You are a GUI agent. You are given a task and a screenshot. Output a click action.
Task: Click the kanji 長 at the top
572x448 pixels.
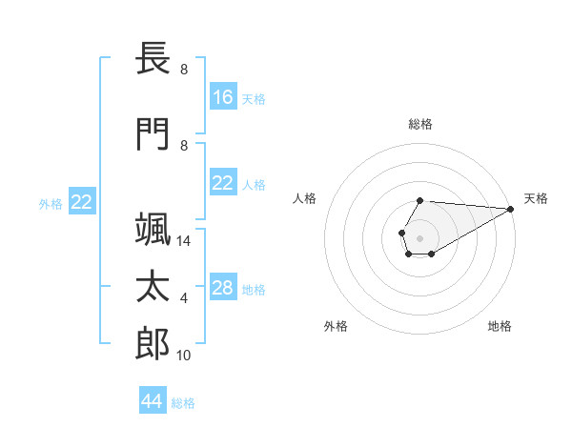click(153, 59)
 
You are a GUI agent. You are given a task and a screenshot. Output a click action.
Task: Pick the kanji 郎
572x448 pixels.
click(153, 344)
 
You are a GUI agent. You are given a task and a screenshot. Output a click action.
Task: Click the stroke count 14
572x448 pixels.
click(185, 242)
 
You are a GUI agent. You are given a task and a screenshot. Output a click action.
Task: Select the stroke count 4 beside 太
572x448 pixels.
click(184, 299)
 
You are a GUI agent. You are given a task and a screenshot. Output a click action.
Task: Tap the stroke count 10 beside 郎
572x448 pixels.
click(185, 356)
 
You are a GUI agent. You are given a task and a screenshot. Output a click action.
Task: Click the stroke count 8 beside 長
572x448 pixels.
click(184, 71)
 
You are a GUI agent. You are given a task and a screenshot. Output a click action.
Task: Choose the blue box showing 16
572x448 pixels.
click(223, 97)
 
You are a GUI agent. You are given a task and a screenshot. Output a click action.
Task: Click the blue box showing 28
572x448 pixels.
click(223, 288)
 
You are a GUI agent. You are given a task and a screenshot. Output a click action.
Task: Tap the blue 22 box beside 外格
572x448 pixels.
click(82, 202)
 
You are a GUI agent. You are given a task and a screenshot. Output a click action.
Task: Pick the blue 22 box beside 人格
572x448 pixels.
click(223, 183)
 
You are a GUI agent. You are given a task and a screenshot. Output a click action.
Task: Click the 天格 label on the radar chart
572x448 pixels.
click(536, 198)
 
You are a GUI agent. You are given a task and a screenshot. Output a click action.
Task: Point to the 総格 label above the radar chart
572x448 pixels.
click(420, 124)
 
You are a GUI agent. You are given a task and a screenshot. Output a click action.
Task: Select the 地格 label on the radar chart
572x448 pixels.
click(500, 327)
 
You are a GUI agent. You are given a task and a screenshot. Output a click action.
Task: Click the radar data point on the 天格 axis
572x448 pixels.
click(511, 209)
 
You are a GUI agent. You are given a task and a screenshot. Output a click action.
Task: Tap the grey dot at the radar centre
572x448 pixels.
click(419, 236)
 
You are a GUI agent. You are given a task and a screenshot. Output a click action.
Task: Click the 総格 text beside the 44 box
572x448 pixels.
click(183, 403)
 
